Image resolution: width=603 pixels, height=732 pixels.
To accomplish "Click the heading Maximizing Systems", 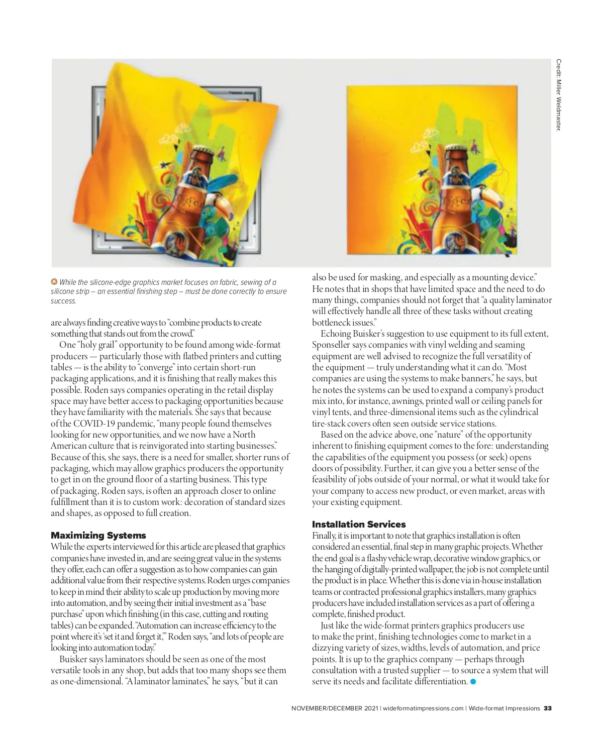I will [98, 536].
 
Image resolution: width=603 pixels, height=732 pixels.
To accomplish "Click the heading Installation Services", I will [359, 525].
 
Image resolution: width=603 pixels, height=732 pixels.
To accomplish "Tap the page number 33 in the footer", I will [548, 708].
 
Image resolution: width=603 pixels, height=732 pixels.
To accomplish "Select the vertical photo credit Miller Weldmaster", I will [558, 95].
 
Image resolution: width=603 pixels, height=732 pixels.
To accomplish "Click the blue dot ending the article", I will [473, 682].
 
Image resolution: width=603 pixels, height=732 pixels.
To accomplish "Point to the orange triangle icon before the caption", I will [54, 282].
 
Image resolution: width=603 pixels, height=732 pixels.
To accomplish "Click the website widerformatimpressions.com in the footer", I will [422, 708].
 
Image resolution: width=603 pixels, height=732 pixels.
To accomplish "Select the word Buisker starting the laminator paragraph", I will [74, 659].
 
